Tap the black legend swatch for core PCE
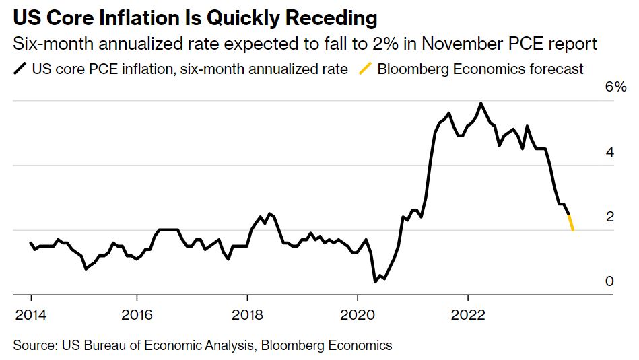pos(20,69)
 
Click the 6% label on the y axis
pos(615,87)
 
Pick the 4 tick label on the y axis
pos(609,153)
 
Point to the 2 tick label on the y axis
pos(609,217)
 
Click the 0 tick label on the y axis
pos(609,281)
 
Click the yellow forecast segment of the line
pos(571,223)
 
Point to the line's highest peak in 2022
pos(481,104)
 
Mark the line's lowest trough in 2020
pos(374,281)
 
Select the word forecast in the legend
pos(556,69)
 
